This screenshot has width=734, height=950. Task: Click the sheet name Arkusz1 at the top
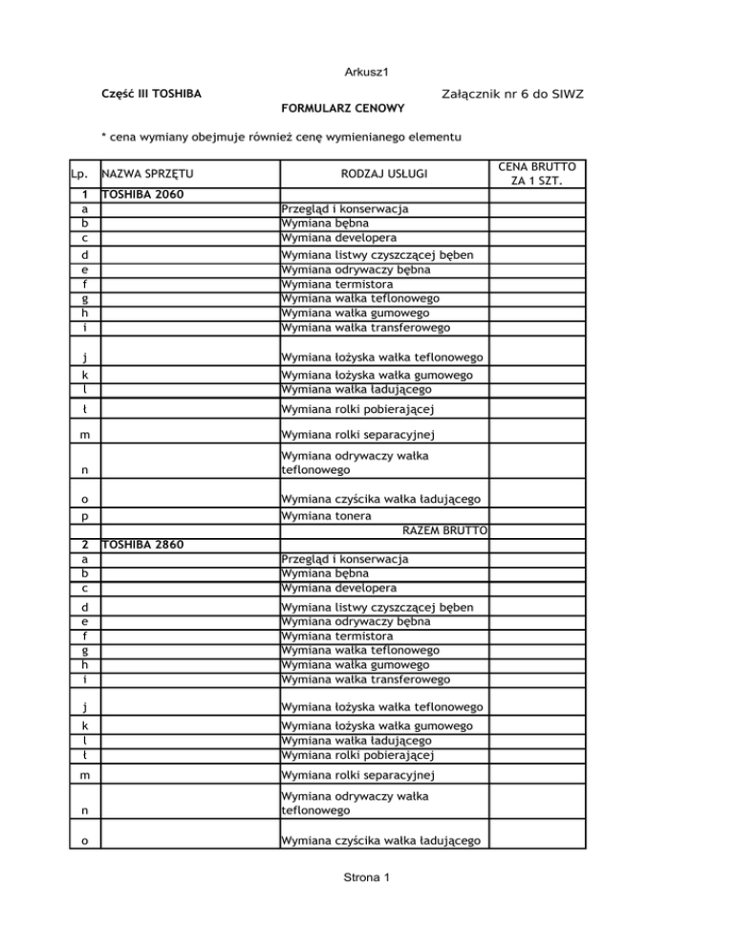[x=367, y=72]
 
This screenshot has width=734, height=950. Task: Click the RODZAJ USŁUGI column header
[x=385, y=175]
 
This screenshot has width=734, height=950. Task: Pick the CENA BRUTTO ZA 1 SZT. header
[x=542, y=174]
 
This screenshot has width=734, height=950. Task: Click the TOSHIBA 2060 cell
[x=142, y=194]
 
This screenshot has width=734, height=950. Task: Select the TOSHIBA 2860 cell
[x=142, y=546]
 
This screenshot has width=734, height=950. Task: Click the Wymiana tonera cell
[x=326, y=516]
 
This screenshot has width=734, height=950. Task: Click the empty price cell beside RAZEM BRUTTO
[x=542, y=530]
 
